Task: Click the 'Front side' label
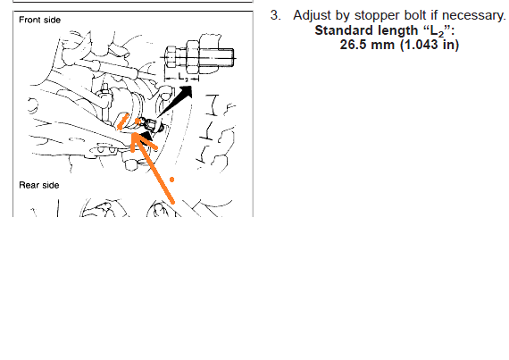click(39, 20)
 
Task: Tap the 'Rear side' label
click(39, 185)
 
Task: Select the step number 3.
click(276, 15)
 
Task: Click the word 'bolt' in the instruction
click(415, 15)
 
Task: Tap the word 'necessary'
click(474, 16)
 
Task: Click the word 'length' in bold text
click(398, 31)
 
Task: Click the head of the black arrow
click(186, 92)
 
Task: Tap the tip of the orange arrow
click(132, 133)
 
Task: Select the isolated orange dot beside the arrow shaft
click(171, 180)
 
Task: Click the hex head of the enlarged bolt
click(171, 58)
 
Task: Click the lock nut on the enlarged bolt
click(193, 57)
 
